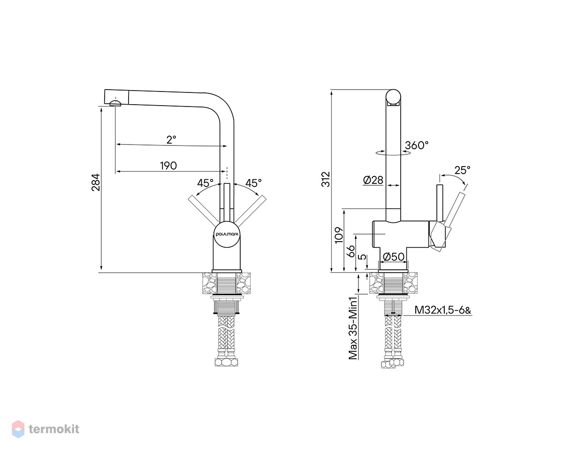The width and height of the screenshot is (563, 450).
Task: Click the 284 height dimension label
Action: coord(96,183)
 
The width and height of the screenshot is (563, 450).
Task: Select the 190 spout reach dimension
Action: coord(168,166)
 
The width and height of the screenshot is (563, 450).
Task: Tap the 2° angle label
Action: coord(171,139)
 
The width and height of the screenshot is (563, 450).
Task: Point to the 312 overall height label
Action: coord(326,179)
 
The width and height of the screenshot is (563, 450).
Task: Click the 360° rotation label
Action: coord(417,145)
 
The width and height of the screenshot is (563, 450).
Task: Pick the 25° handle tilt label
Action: coord(463,170)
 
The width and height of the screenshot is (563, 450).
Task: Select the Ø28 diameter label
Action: coord(373,180)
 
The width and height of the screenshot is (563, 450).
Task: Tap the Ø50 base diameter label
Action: coord(394,257)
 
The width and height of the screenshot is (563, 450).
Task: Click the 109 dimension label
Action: coord(339,235)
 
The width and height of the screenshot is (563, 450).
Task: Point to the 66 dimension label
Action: coord(352,251)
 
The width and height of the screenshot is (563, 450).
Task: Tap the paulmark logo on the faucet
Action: coord(227,235)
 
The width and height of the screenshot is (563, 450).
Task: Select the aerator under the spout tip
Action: coord(115,103)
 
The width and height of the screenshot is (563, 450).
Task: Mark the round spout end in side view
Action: coord(394,97)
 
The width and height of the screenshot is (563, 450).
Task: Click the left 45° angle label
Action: coord(205,183)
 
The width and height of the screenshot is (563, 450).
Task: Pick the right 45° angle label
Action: coord(253,183)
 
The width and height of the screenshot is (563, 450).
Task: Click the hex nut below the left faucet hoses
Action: coord(226,362)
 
